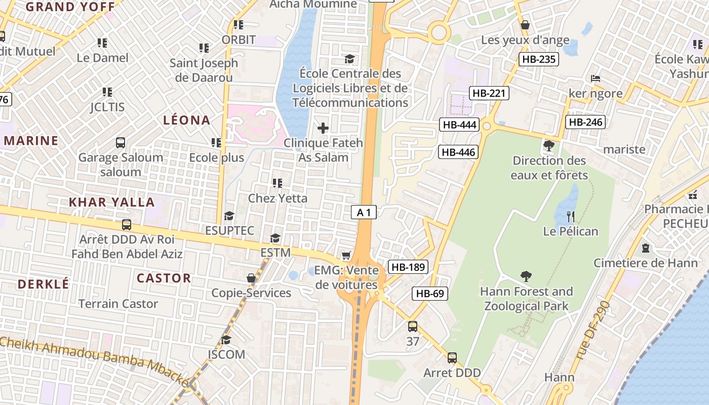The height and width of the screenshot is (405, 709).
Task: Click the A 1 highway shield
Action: pos(364,213)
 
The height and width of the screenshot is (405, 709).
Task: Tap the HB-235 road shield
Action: pos(539,59)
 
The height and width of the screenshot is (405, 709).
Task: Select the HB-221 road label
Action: pos(489,93)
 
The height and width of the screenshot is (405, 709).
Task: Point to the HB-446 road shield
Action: pos(458,152)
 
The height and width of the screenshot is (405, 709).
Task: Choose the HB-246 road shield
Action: pos(585,122)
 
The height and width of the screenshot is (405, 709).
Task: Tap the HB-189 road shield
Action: pos(408,267)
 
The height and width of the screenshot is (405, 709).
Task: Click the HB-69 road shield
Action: pos(430,293)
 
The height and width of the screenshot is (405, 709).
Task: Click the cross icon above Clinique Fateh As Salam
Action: pos(323,128)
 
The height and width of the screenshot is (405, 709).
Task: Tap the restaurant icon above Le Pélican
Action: pos(571,217)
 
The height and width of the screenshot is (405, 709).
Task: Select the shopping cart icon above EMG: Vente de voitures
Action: pos(346,255)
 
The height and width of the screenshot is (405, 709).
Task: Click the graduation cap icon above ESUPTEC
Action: pos(229,216)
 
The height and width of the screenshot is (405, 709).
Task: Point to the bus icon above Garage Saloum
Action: pos(121,143)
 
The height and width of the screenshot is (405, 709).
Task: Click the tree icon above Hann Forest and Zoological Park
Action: pos(526,276)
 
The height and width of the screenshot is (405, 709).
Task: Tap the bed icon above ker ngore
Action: pos(596,78)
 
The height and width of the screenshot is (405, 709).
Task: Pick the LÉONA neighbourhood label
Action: pos(186,120)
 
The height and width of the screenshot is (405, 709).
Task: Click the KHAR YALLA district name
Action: pos(111,202)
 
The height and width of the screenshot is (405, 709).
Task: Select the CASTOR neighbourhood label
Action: pos(164,278)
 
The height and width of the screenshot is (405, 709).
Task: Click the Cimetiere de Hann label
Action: pos(645,263)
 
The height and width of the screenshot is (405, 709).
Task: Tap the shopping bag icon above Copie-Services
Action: pos(251,278)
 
